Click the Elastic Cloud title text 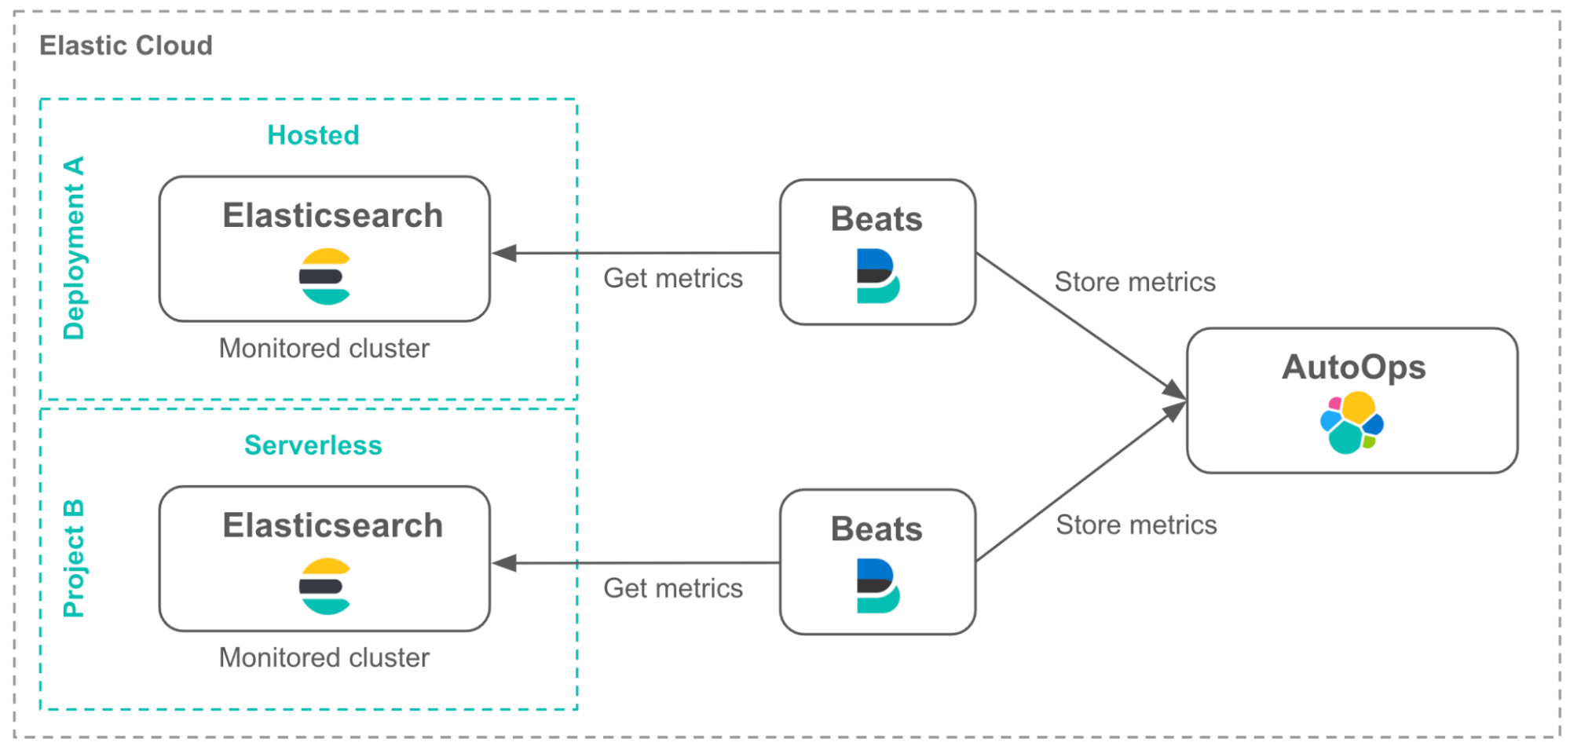(126, 46)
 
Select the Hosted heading (313, 135)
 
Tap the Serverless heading (313, 445)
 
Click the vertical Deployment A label (74, 248)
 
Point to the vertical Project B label (73, 558)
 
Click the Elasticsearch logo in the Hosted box (325, 276)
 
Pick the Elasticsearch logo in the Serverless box (325, 587)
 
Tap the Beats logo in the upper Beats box (877, 276)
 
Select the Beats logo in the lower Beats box (877, 586)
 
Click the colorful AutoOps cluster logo (1352, 423)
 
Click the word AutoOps (1353, 368)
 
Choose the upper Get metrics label (672, 278)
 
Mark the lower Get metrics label (672, 588)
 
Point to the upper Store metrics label (1134, 282)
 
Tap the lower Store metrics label (1136, 525)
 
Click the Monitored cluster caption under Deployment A (324, 348)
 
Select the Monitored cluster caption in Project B (324, 657)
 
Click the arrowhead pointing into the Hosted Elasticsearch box (504, 253)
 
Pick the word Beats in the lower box (876, 529)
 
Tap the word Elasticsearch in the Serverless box (332, 525)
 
